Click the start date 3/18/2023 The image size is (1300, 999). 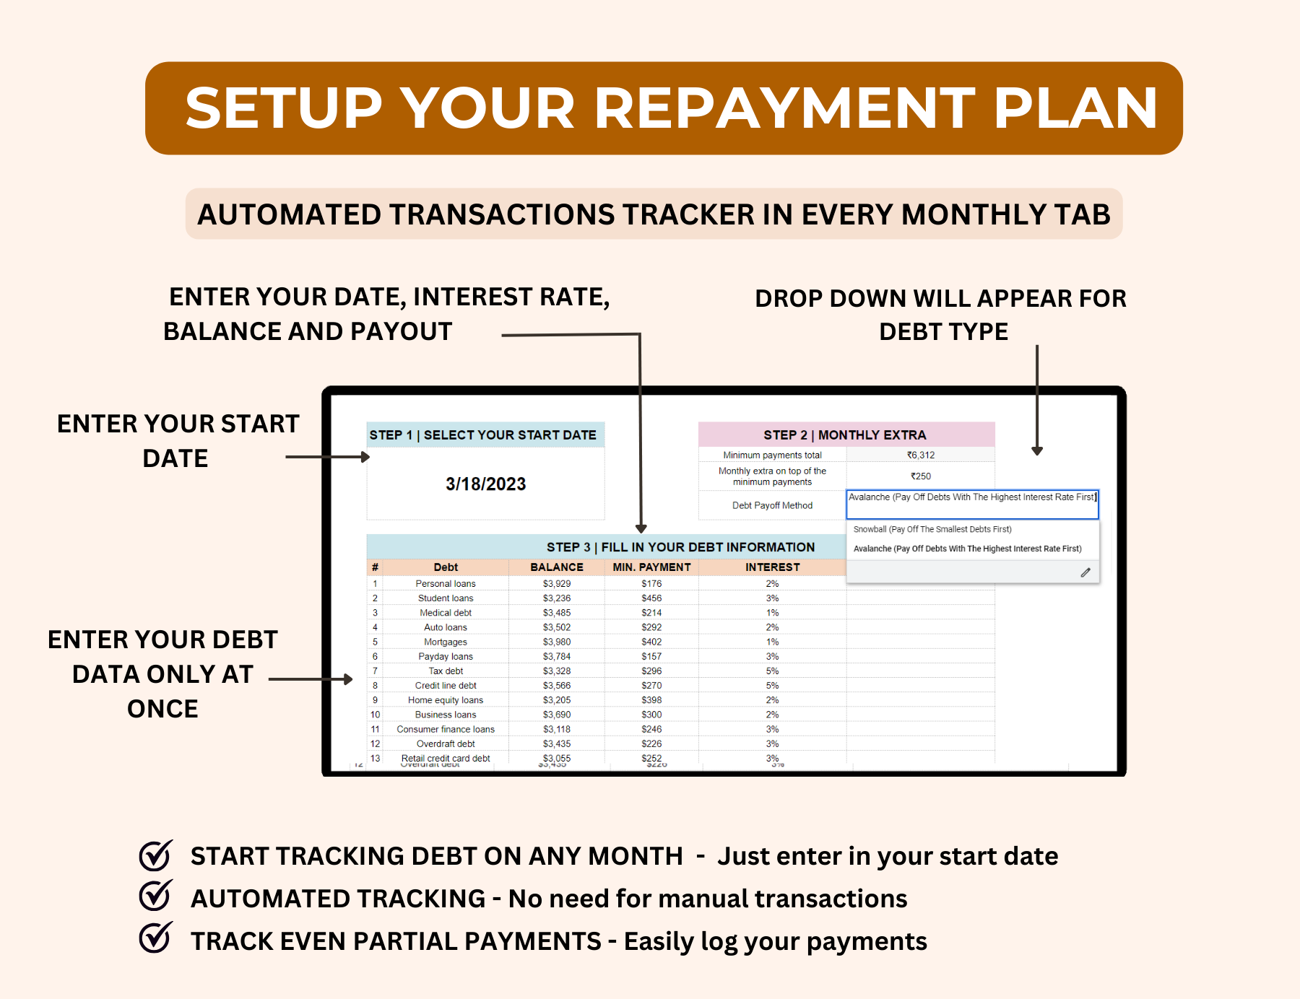485,484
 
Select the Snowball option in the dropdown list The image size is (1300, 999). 932,529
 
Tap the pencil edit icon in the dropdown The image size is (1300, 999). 1085,572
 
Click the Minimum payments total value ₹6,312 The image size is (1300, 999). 921,455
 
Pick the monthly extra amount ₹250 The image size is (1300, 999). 921,476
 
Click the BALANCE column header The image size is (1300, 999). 556,567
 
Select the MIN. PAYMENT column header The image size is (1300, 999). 651,567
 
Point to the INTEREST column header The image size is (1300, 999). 772,567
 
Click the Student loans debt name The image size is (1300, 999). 446,598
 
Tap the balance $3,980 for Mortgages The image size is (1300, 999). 556,642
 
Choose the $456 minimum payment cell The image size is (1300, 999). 651,598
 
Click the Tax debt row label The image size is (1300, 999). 446,671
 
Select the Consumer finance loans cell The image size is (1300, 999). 446,729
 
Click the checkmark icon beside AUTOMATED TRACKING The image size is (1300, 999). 155,897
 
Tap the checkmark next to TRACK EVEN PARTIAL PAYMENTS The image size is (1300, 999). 155,938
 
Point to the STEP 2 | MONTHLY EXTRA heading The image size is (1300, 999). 844,435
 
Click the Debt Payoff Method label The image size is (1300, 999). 772,505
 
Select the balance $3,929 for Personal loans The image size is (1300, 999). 556,584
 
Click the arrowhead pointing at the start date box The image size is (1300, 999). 365,457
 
